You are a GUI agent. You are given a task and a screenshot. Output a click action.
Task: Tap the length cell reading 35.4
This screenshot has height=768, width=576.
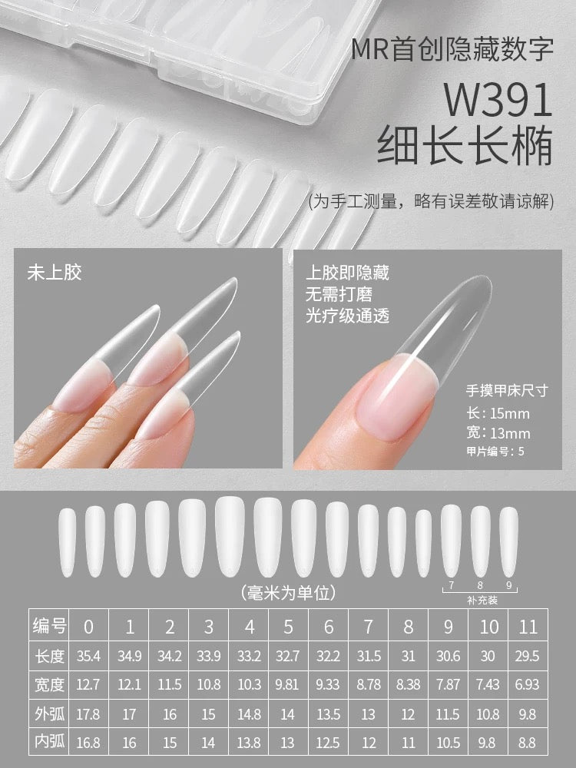coord(89,656)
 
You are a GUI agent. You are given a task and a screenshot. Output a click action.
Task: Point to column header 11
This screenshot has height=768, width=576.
coord(528,627)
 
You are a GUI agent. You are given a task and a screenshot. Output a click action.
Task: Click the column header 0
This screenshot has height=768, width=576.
coord(89,627)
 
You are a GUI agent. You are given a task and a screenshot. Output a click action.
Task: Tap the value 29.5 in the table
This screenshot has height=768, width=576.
coord(528,656)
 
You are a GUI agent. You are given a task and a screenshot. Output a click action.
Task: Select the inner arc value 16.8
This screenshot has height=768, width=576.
coord(89,743)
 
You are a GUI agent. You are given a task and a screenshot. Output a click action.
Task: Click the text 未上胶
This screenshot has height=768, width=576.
coord(55,272)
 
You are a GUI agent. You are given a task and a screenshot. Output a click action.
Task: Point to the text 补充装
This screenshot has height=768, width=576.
coord(482,600)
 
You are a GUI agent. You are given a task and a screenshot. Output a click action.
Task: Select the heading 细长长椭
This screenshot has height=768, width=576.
coord(465,145)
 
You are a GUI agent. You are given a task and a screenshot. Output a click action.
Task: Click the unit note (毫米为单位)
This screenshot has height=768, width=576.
coord(288,593)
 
